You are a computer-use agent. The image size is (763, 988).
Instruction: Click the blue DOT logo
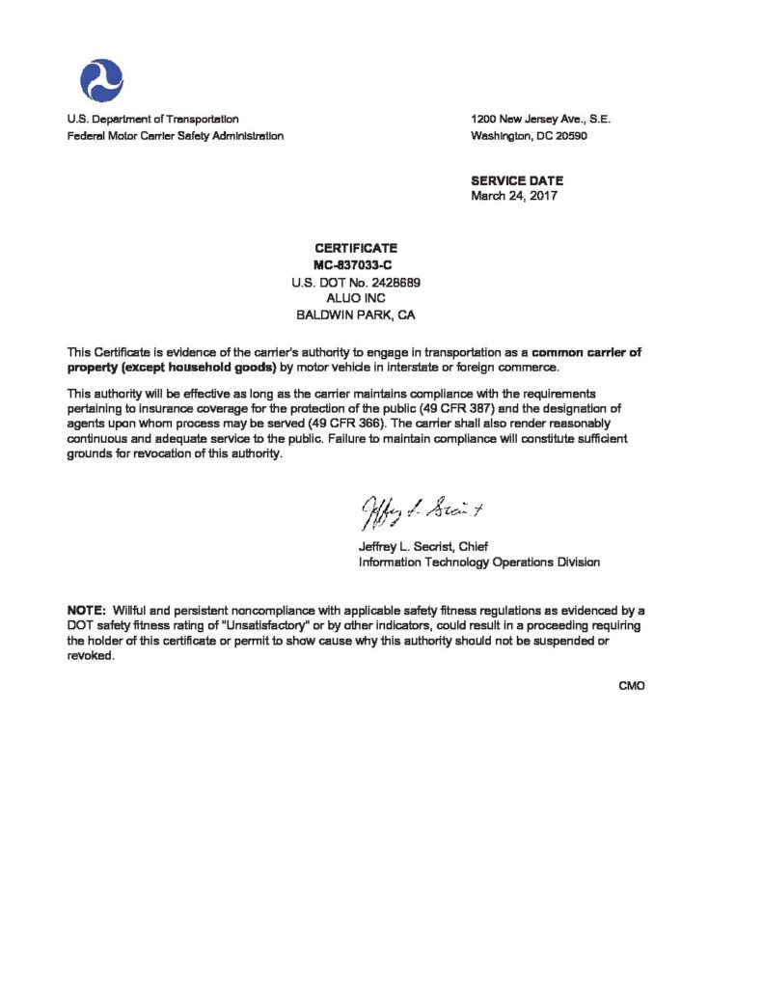(102, 77)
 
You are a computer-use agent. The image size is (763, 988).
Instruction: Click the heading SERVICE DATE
(516, 180)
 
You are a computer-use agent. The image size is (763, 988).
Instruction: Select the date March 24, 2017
(513, 196)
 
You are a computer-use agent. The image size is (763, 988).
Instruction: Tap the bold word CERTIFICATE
(356, 249)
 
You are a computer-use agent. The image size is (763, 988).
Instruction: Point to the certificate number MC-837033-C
(356, 264)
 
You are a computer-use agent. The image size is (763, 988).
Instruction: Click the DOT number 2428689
(390, 282)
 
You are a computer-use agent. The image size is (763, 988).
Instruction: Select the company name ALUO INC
(356, 298)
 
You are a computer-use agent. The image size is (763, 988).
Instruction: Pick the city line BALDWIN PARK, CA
(356, 315)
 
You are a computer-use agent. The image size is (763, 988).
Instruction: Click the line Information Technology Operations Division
(478, 563)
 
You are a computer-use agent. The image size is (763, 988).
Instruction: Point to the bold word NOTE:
(86, 611)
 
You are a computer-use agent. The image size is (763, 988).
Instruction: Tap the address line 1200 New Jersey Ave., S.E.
(540, 120)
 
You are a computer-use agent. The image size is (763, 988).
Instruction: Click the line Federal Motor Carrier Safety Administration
(175, 136)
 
